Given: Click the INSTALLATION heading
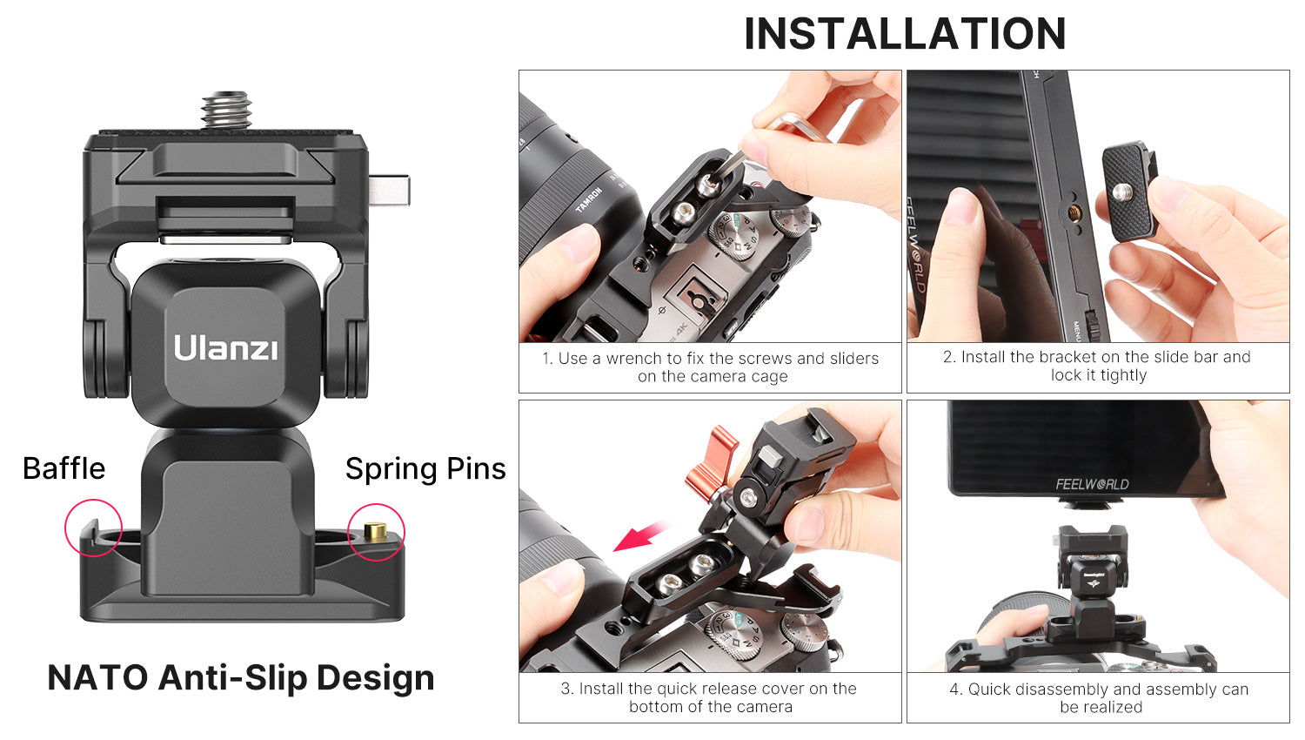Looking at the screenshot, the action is pyautogui.click(x=905, y=34).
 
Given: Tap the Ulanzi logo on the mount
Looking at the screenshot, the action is pyautogui.click(x=225, y=347).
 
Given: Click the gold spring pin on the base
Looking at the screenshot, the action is pyautogui.click(x=375, y=531).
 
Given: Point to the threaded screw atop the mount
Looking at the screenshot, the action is pyautogui.click(x=226, y=110).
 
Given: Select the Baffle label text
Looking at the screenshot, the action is pyautogui.click(x=64, y=468).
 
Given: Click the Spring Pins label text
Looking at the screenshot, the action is pyautogui.click(x=425, y=469).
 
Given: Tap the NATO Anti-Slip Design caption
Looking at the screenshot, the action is pyautogui.click(x=241, y=677).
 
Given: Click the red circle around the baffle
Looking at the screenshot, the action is pyautogui.click(x=93, y=501).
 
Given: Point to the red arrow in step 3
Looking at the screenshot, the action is pyautogui.click(x=641, y=536).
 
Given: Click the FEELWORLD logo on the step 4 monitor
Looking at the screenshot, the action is pyautogui.click(x=1092, y=484).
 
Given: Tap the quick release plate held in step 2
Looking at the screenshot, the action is pyautogui.click(x=1129, y=192).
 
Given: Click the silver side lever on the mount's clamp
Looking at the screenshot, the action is pyautogui.click(x=389, y=191).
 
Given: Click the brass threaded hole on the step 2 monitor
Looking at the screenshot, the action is pyautogui.click(x=1074, y=214).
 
